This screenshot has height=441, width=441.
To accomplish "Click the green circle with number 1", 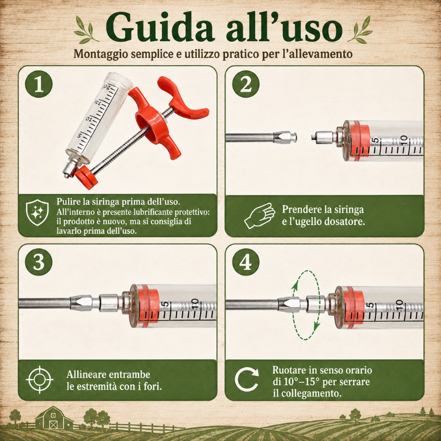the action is (x=39, y=84).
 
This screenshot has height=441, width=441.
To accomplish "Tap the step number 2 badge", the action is (x=246, y=84).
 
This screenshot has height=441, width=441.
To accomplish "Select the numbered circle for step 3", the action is (x=39, y=262).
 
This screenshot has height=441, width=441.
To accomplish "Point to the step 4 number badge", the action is (x=246, y=262).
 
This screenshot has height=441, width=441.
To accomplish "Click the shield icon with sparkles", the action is (x=37, y=212).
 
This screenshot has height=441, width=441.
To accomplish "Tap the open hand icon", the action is (x=259, y=216).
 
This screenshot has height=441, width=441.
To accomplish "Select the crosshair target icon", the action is (x=40, y=380).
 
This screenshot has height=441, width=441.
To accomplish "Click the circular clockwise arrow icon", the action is (x=246, y=379).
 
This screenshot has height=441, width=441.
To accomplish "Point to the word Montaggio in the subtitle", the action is (x=101, y=54).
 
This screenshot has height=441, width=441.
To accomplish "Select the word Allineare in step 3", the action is (x=86, y=375).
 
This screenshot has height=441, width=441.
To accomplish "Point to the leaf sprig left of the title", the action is (x=86, y=30).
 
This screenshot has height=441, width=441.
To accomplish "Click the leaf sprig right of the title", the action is (x=360, y=30).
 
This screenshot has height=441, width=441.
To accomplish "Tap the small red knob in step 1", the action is (x=86, y=177).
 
